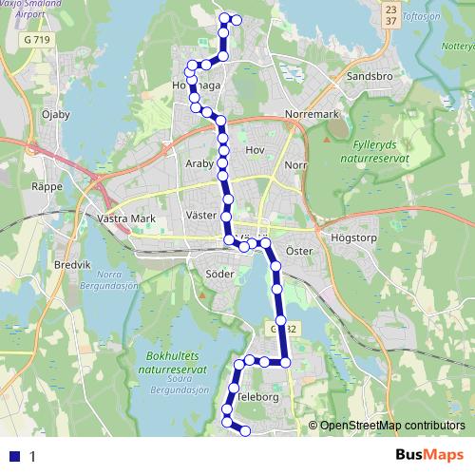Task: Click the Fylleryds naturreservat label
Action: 378,150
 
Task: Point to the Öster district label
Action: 299,252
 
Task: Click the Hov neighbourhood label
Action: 255,150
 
